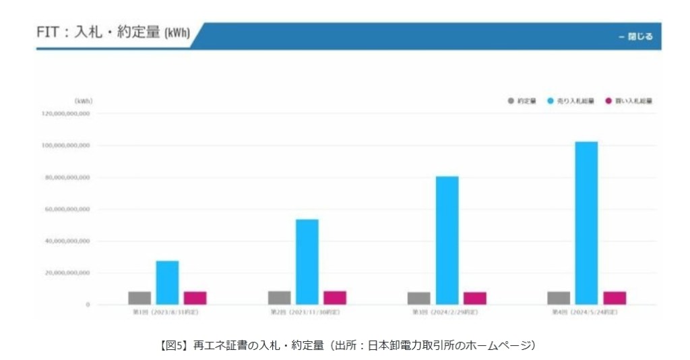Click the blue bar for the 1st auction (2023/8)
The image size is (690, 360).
167,282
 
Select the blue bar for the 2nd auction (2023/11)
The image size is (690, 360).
307,262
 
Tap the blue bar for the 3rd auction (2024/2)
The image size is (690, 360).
447,240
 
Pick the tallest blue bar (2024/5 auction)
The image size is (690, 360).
586,222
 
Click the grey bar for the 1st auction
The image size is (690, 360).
139,298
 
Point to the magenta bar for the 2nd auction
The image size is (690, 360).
335,298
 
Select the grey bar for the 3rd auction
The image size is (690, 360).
419,298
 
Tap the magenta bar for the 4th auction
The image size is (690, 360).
615,298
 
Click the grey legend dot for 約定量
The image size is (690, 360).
511,101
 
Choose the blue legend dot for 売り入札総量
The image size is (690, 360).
550,101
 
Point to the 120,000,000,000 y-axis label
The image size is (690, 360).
65,113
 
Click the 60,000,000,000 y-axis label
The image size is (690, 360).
67,209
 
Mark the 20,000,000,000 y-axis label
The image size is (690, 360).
67,273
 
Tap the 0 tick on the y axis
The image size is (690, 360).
88,305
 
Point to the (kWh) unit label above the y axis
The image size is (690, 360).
84,101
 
